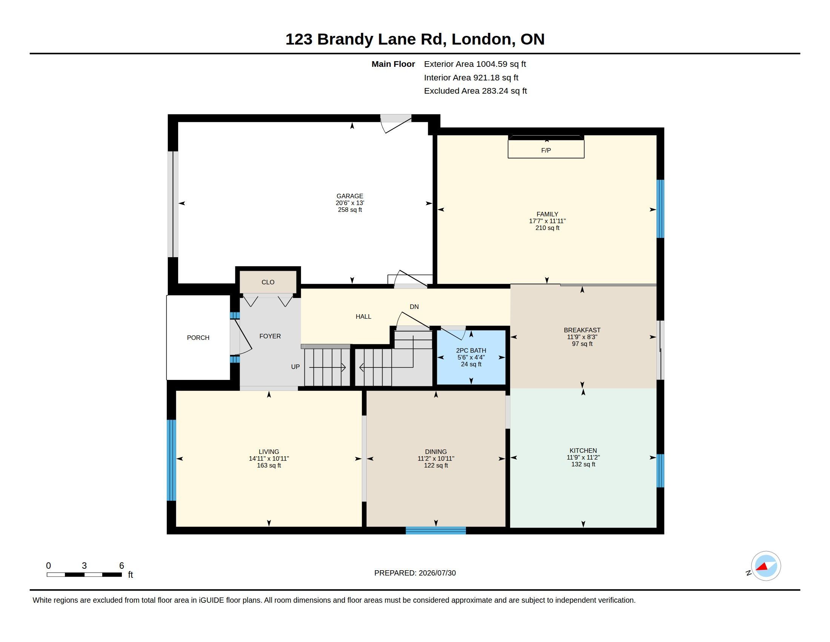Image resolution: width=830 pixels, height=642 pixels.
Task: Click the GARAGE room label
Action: tap(350, 196)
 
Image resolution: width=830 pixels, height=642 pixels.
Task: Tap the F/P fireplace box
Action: tap(546, 149)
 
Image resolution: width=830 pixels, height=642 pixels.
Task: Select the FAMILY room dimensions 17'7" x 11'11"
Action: tap(547, 221)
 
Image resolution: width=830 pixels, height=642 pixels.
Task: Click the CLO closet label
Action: tap(268, 282)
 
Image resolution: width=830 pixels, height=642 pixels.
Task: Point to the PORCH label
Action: tap(198, 338)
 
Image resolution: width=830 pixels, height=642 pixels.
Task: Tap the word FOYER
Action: tap(270, 336)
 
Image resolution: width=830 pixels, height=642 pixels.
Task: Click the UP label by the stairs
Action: tap(295, 367)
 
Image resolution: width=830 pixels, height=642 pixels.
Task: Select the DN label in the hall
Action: tap(414, 307)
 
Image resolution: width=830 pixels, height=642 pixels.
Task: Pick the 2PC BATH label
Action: tap(471, 351)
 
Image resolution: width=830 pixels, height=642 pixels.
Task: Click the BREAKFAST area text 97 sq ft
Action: tap(582, 344)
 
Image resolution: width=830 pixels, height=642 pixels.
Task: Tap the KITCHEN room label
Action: tap(583, 451)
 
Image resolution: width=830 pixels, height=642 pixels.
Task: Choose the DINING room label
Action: tap(435, 452)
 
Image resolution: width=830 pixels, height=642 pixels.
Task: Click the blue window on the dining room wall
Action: tap(435, 530)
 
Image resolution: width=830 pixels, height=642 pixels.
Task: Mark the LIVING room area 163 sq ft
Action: tap(269, 466)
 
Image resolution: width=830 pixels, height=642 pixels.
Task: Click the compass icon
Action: tap(766, 566)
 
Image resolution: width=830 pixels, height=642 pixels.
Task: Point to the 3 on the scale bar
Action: tap(84, 566)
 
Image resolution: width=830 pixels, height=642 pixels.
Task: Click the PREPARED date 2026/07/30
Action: tap(437, 573)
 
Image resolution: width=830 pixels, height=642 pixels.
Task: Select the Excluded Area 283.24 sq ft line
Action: tap(475, 91)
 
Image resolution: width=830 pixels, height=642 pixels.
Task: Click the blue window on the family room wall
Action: tap(661, 209)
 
